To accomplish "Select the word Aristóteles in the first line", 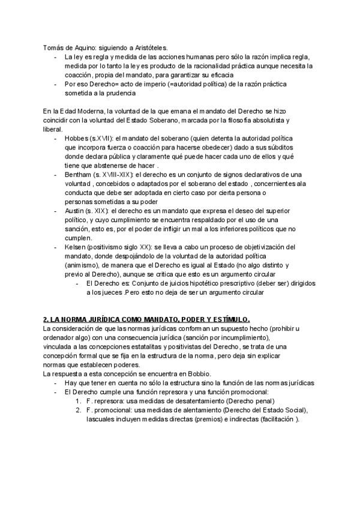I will [149, 48].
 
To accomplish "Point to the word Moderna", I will [85, 112].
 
